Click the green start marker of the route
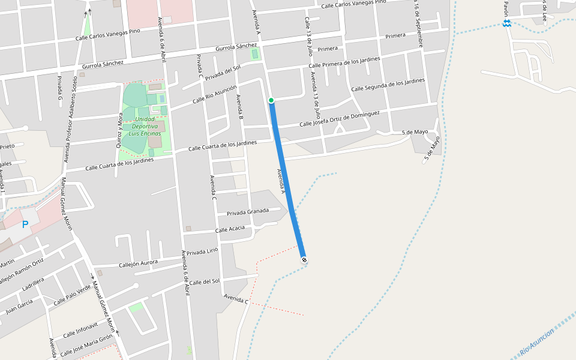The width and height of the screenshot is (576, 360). pyautogui.click(x=271, y=100)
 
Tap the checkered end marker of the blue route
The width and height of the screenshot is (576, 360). pyautogui.click(x=304, y=260)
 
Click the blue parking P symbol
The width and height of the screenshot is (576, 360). pyautogui.click(x=25, y=224)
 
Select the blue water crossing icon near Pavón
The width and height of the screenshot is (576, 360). pyautogui.click(x=507, y=23)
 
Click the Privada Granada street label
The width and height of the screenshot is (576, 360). pyautogui.click(x=248, y=212)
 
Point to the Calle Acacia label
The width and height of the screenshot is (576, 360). pyautogui.click(x=230, y=229)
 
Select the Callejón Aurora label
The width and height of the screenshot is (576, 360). pyautogui.click(x=138, y=263)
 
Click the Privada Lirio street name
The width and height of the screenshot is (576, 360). pyautogui.click(x=202, y=251)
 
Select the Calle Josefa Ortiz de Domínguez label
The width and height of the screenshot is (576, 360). pyautogui.click(x=339, y=119)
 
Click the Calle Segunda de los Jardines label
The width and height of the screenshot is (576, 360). pyautogui.click(x=388, y=85)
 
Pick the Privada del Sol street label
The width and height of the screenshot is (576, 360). pyautogui.click(x=223, y=73)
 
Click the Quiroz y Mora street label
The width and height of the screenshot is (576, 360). pyautogui.click(x=120, y=130)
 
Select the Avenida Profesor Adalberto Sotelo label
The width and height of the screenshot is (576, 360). pyautogui.click(x=71, y=120)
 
